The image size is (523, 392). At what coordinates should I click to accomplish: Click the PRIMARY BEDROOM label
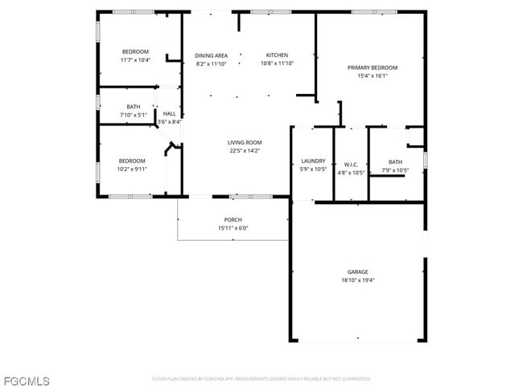tap(372, 67)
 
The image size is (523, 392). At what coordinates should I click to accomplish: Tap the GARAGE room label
tap(357, 272)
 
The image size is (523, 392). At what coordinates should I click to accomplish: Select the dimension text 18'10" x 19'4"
tap(357, 280)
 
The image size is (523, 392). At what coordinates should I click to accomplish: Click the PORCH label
tap(233, 220)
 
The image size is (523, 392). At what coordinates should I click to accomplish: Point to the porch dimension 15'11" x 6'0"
tap(233, 228)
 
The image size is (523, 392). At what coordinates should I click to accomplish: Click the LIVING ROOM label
tap(244, 142)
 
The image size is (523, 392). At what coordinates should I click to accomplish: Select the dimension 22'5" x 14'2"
tap(244, 150)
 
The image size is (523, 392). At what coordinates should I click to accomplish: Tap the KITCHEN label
tap(276, 55)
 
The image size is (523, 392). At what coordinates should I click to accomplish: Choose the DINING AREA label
tap(211, 55)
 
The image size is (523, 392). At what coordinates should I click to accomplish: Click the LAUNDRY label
tap(312, 161)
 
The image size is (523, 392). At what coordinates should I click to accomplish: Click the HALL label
tap(169, 114)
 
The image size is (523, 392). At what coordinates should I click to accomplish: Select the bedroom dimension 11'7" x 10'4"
tap(134, 60)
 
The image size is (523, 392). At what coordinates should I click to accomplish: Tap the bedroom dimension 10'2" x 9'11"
tap(132, 169)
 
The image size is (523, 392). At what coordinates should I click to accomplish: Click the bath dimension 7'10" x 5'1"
tap(133, 115)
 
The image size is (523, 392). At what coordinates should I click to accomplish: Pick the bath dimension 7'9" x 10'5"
tap(394, 169)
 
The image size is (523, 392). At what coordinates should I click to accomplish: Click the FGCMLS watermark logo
tap(26, 380)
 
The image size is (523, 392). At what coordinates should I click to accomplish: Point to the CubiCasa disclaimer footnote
tap(261, 378)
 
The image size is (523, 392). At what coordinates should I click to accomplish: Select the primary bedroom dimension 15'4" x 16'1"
tap(372, 76)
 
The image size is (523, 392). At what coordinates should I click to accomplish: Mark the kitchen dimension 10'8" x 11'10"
tap(276, 63)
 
